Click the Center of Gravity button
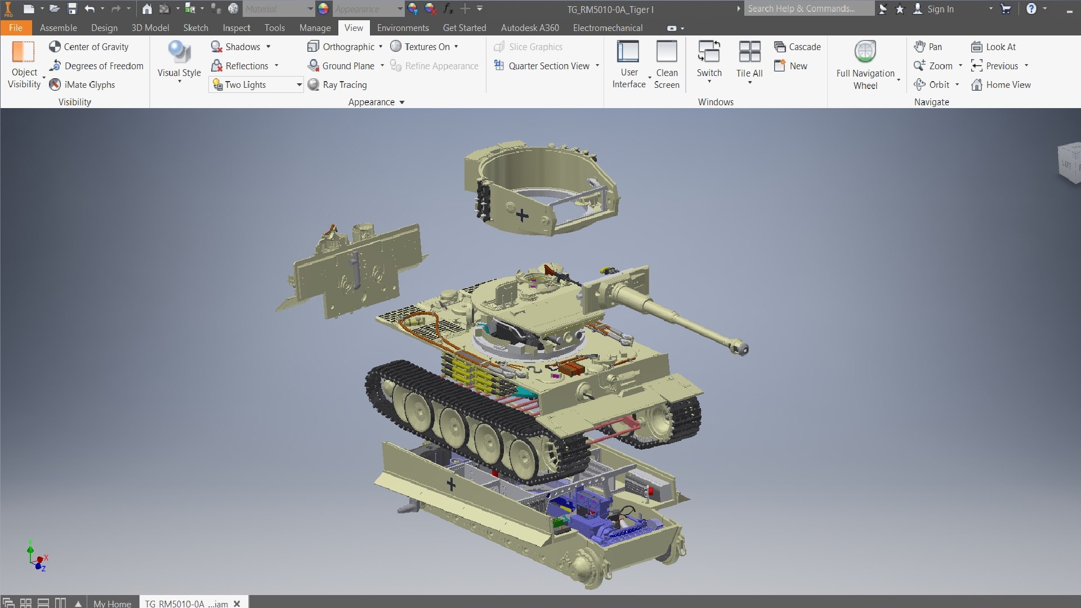pos(89,47)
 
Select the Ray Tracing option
pos(337,84)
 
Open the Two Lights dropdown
pos(299,84)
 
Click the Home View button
pos(1001,84)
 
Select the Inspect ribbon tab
pos(236,28)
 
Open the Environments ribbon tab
pos(403,28)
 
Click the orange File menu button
pos(16,28)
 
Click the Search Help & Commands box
pos(808,9)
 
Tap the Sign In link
pos(940,9)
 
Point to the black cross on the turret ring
pos(522,215)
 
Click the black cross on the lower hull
pos(451,484)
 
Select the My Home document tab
pos(112,603)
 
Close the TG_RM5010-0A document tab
pos(237,603)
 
